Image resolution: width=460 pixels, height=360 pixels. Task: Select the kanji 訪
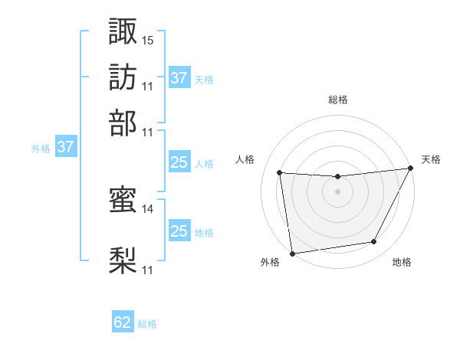[x=123, y=77]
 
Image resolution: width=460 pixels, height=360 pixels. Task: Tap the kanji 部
[x=123, y=123]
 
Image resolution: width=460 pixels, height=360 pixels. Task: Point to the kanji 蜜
[x=123, y=201]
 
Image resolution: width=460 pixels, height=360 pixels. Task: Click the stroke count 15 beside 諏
[x=148, y=40]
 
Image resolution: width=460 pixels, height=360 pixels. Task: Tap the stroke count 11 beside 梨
[x=148, y=270]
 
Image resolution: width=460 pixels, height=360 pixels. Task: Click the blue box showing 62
[x=123, y=322]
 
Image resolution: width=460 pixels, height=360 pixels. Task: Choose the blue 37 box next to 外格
[x=65, y=147]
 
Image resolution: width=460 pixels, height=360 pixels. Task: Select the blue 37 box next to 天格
[x=179, y=78]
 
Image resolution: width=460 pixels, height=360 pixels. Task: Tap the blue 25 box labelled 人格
[x=179, y=162]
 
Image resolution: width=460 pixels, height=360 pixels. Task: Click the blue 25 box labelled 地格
[x=179, y=231]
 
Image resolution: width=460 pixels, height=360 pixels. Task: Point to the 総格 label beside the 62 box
[x=147, y=324]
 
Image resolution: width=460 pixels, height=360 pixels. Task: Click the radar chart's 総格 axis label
[x=337, y=100]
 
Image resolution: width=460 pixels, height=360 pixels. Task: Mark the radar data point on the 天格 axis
[x=410, y=169]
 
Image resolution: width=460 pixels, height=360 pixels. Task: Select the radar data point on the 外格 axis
[x=292, y=254]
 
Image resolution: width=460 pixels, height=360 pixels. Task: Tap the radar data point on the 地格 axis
[x=374, y=242]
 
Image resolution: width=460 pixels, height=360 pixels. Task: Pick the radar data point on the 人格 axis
[x=280, y=173]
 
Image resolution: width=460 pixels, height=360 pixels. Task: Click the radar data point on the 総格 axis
[x=337, y=177]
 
